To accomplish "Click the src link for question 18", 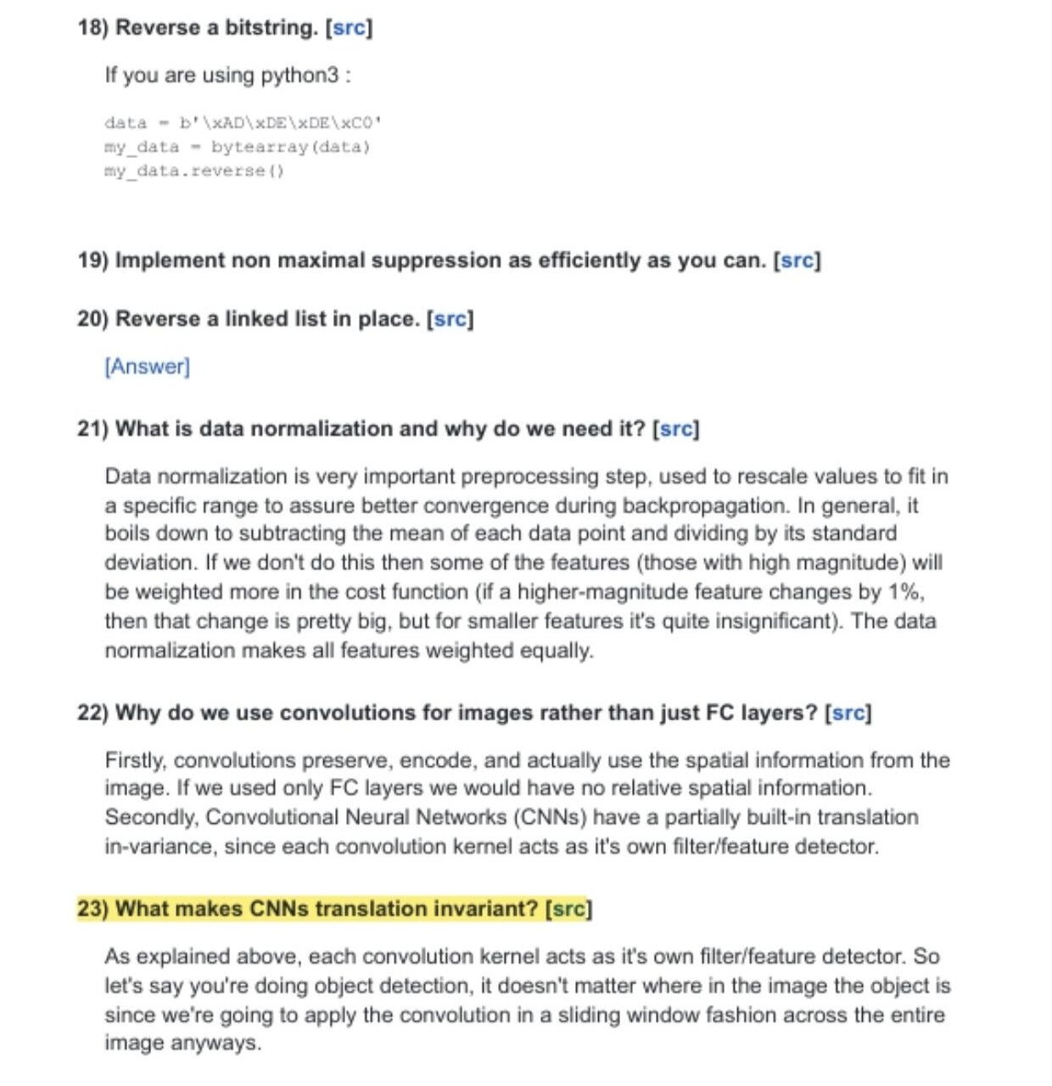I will click(x=349, y=28).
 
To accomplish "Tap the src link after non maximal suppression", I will click(x=797, y=260).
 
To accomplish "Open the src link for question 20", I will click(x=450, y=320).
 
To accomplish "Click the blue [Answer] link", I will click(x=148, y=367).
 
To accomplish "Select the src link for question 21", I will click(x=675, y=429).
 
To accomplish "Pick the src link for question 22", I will click(x=848, y=713).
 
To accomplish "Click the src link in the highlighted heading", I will click(x=568, y=910).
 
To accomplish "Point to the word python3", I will click(x=299, y=76).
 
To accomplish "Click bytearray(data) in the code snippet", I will click(x=290, y=147).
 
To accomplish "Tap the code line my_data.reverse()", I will click(x=194, y=171).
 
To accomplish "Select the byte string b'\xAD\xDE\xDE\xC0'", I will click(x=280, y=123).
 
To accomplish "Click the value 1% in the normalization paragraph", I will click(x=904, y=592).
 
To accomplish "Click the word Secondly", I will click(x=151, y=818).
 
